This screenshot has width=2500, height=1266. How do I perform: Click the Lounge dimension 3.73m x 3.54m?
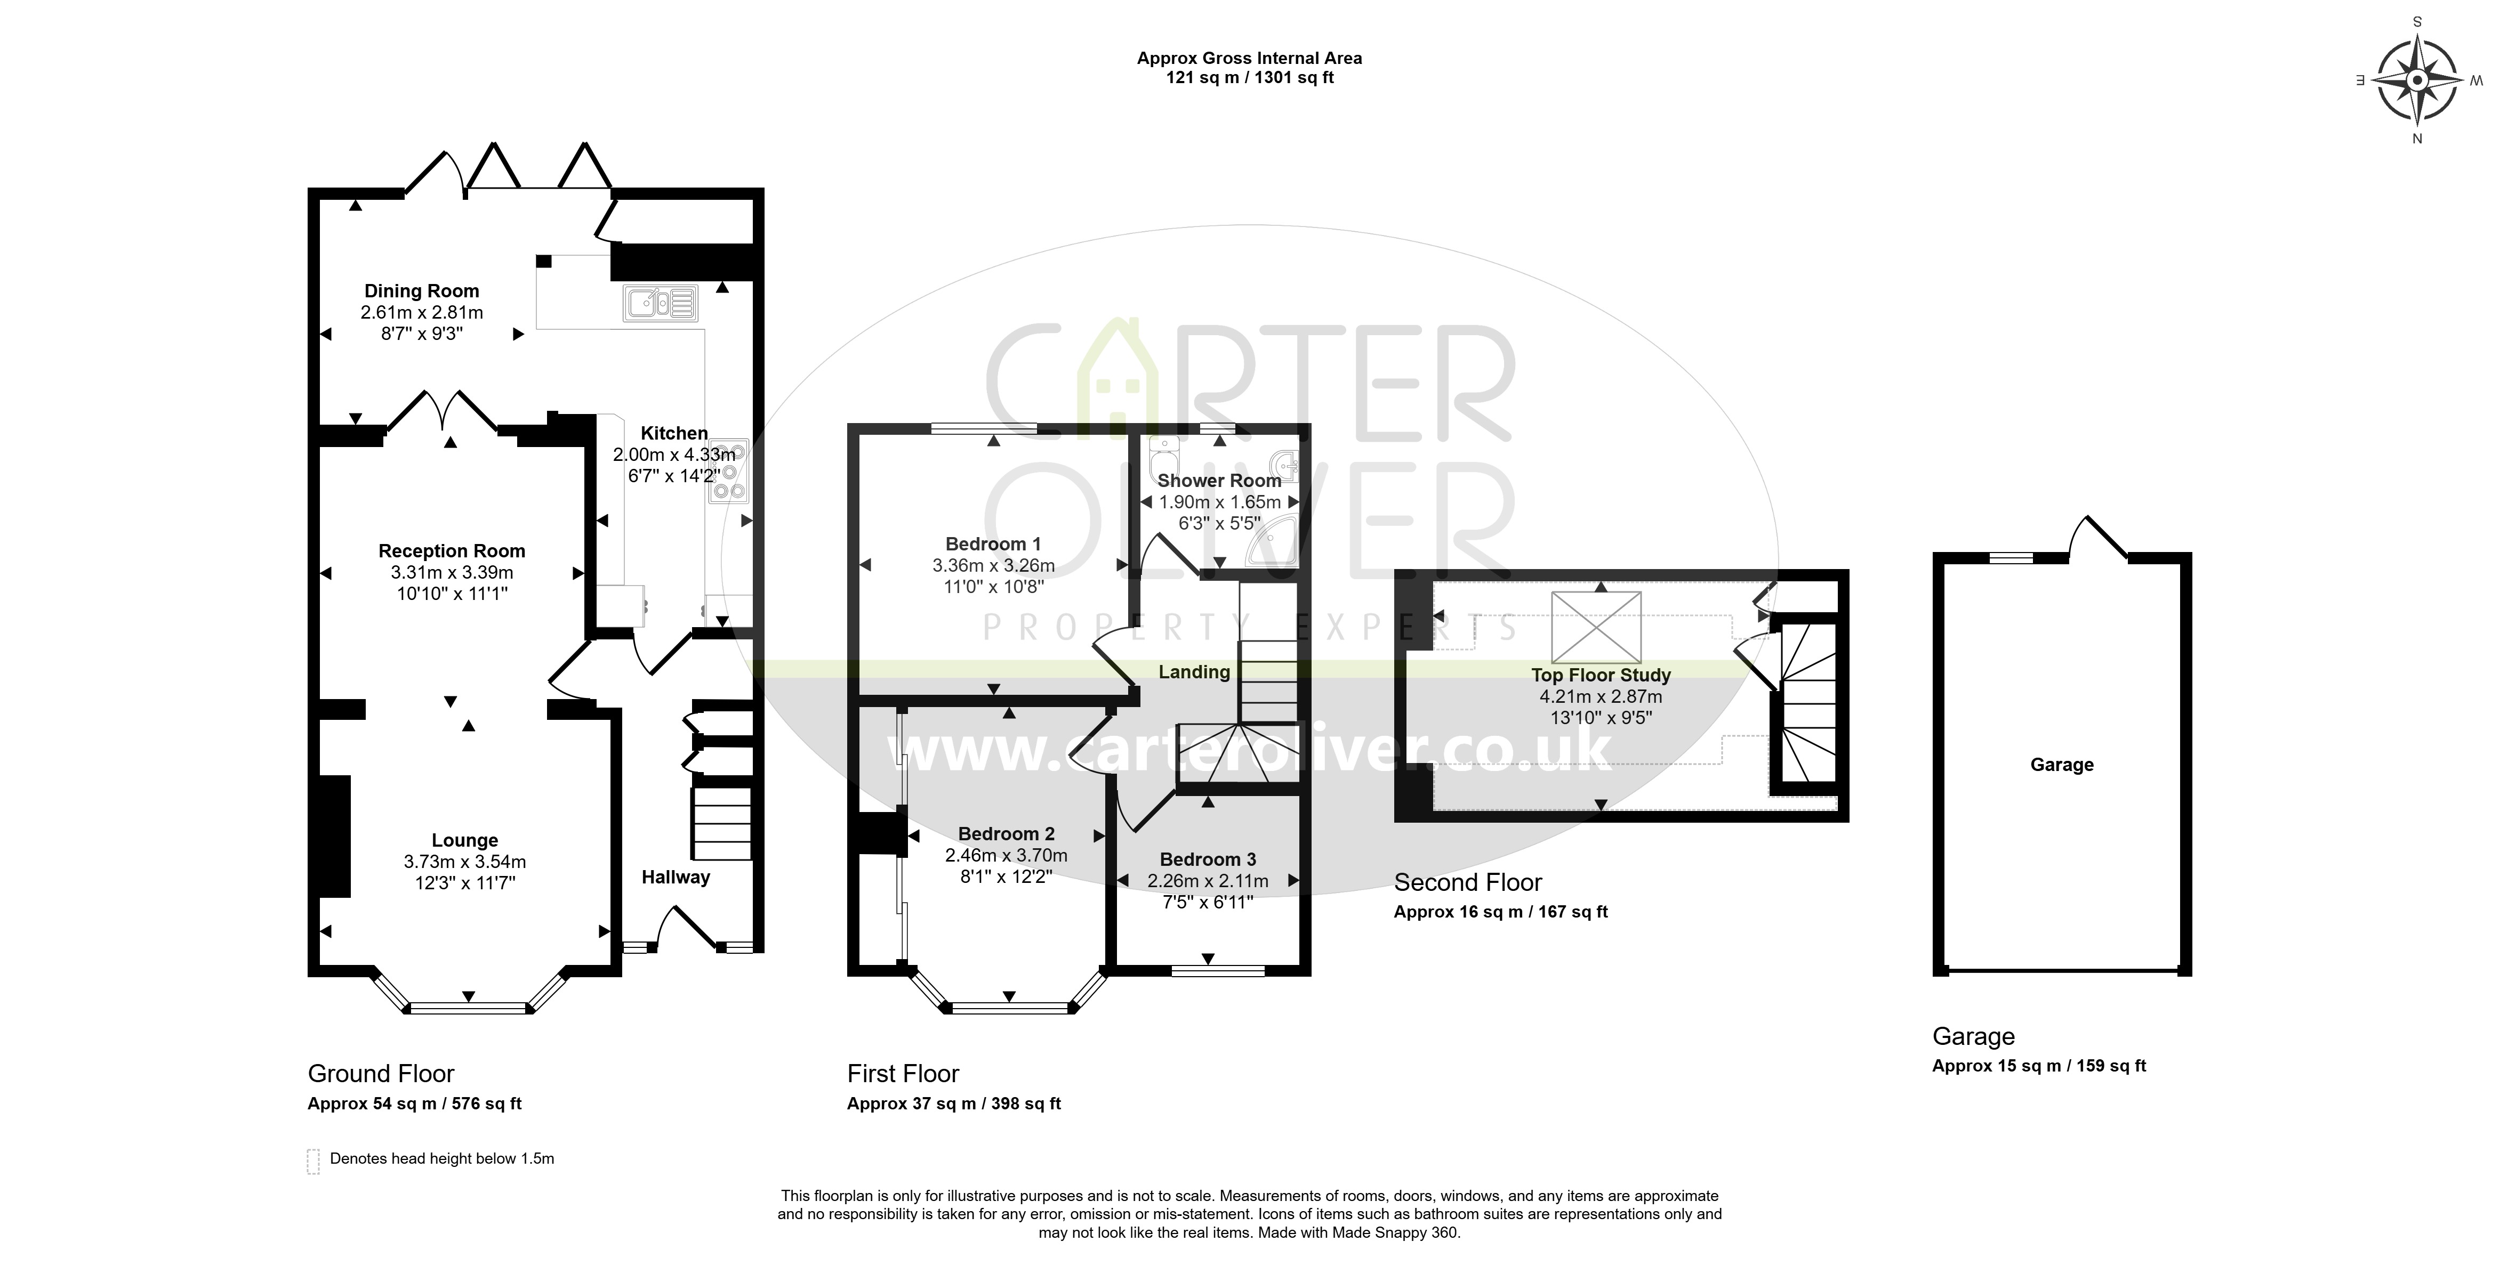click(465, 862)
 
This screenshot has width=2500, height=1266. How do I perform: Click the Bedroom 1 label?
click(993, 544)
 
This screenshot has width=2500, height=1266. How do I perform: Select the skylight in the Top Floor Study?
click(1596, 627)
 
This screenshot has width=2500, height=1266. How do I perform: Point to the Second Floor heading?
click(1467, 883)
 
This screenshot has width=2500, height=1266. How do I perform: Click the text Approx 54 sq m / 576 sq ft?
click(414, 1104)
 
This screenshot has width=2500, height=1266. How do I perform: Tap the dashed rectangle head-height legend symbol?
click(313, 1161)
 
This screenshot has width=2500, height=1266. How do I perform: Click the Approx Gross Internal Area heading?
click(1249, 58)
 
